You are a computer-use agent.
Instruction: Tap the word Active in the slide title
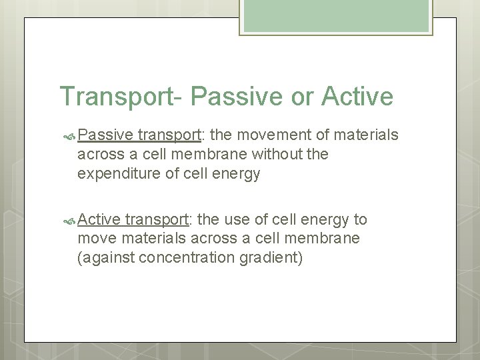click(357, 96)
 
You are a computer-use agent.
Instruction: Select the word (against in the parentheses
click(104, 258)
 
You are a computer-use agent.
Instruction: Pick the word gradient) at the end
click(274, 258)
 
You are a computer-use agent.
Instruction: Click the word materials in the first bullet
click(367, 135)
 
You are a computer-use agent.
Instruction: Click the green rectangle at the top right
click(337, 15)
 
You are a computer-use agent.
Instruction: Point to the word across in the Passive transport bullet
click(98, 155)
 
